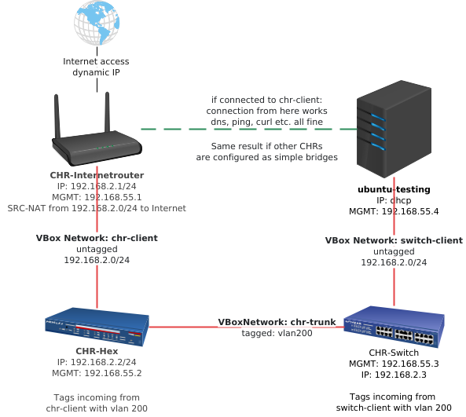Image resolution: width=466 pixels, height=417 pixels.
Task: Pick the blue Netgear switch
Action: tap(392, 327)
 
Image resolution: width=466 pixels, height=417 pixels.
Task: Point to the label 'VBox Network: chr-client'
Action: tap(97, 237)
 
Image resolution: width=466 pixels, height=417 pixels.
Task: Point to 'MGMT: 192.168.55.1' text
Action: tap(97, 198)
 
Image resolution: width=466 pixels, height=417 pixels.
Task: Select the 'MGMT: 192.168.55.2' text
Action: tap(97, 375)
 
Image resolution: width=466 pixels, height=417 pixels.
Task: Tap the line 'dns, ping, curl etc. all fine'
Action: tap(266, 123)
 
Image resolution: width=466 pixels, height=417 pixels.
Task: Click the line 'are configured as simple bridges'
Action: tap(266, 157)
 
